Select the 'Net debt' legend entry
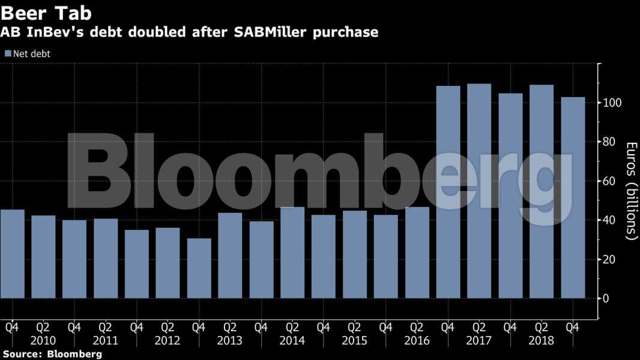pyautogui.click(x=31, y=53)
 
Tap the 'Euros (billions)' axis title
pyautogui.click(x=630, y=191)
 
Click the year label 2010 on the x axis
pyautogui.click(x=43, y=341)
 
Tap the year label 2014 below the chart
pyautogui.click(x=292, y=341)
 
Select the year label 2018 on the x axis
pyautogui.click(x=541, y=341)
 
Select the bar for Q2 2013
pyautogui.click(x=230, y=256)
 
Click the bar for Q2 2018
pyautogui.click(x=541, y=191)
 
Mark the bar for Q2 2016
pyautogui.click(x=417, y=253)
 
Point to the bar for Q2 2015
pyautogui.click(x=354, y=254)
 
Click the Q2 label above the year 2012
pyautogui.click(x=168, y=328)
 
